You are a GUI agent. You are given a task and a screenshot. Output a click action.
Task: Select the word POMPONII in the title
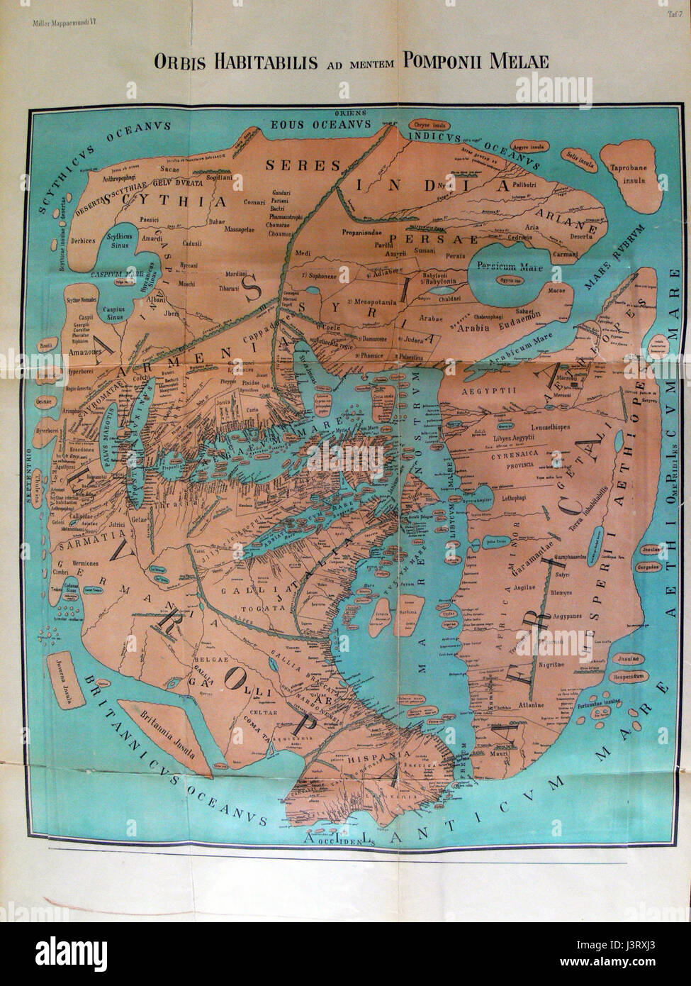tap(450, 61)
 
